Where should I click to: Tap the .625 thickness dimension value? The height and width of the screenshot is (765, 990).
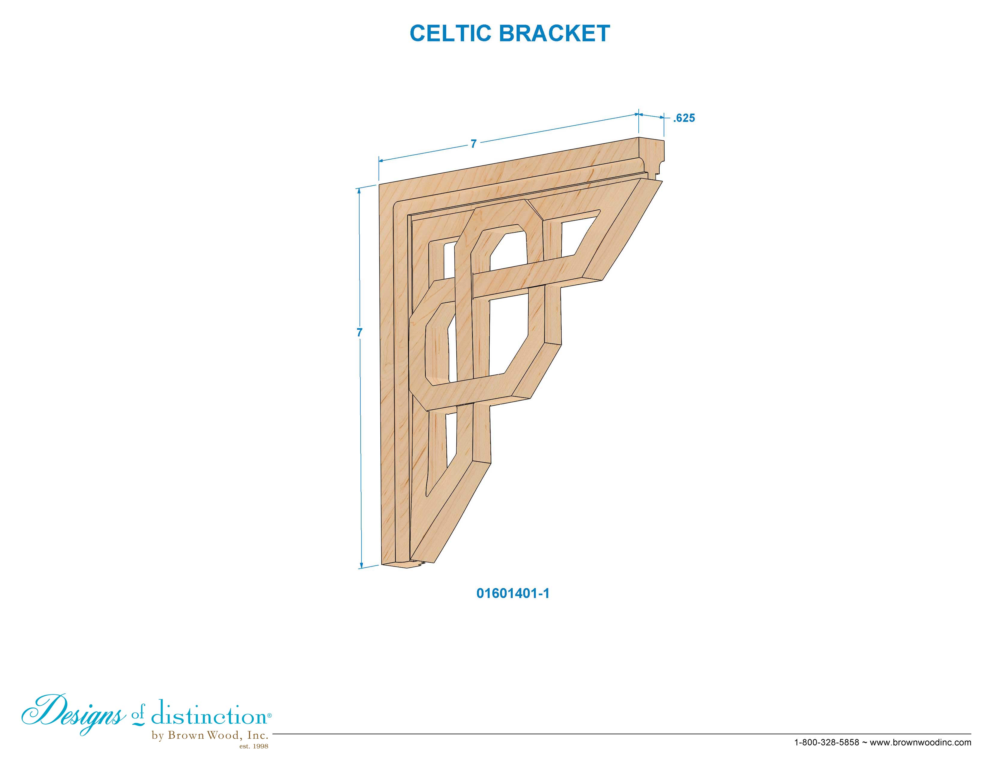point(684,118)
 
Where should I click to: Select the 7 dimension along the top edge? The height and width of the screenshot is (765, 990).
point(474,144)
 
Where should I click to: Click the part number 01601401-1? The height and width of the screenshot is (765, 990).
point(513,594)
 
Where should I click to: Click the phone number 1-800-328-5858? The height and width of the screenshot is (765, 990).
point(827,742)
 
